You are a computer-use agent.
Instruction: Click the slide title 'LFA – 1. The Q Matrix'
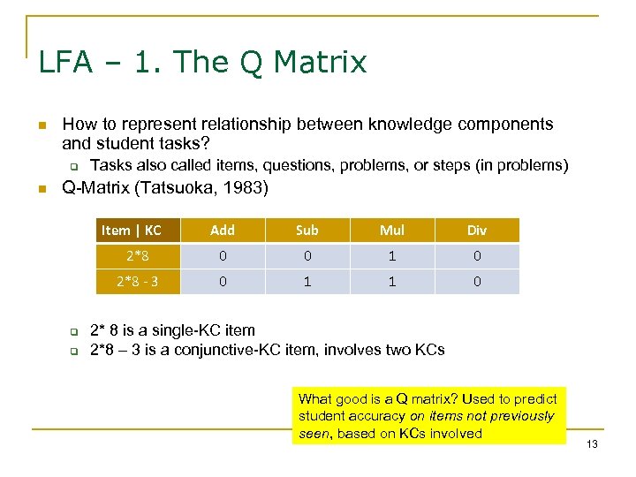(x=202, y=62)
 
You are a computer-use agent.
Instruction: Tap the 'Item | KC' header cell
(x=132, y=230)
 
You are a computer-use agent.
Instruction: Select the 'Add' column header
(x=223, y=230)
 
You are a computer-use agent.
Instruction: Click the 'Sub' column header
(x=307, y=230)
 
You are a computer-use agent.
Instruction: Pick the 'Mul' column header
(x=391, y=230)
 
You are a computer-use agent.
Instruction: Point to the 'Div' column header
(x=476, y=230)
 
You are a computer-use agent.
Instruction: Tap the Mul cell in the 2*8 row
(x=391, y=256)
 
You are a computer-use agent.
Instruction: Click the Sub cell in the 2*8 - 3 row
(x=307, y=282)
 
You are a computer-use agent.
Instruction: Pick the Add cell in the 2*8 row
(x=223, y=256)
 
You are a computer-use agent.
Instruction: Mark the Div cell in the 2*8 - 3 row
(x=476, y=282)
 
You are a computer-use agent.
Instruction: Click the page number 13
(x=591, y=443)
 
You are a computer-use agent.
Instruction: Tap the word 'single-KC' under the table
(x=193, y=330)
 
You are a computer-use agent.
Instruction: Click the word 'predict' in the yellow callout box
(x=539, y=398)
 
